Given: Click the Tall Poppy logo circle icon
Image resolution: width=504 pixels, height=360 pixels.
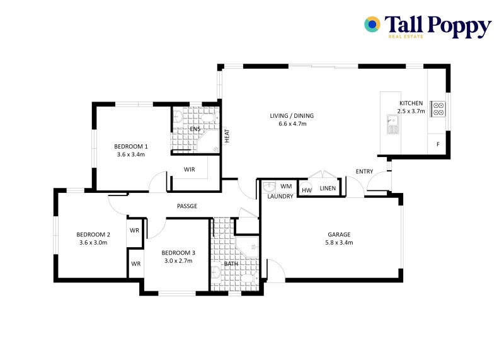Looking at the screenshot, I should pos(372,25).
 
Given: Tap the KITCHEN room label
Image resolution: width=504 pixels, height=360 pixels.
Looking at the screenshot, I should pos(411,103).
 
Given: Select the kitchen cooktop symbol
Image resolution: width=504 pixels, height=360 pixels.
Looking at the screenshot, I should pos(437,109).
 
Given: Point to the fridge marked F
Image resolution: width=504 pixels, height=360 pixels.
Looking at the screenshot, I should pos(438,144).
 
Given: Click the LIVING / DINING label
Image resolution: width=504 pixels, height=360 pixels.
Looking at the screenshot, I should pos(292,116).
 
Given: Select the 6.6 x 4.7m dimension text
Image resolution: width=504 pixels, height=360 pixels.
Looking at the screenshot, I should pos(292,124).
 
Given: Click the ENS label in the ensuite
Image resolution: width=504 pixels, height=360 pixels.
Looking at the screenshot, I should pos(195,129).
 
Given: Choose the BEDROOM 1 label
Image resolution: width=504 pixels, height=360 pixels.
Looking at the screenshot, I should pos(131,146).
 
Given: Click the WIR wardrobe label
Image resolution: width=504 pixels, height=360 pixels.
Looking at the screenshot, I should pos(189,170).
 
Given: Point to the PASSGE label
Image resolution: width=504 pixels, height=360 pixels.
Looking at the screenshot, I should pos(187,206).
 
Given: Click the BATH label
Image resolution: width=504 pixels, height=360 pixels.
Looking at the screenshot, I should pos(231,264).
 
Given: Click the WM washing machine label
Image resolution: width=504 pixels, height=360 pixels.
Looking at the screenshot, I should pos(286,186).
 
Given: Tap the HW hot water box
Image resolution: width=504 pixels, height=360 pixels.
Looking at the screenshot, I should pos(307,190).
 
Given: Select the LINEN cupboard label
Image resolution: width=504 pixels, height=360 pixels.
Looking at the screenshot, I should pos(328,188).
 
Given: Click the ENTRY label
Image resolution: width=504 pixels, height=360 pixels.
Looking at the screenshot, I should pos(364,171).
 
